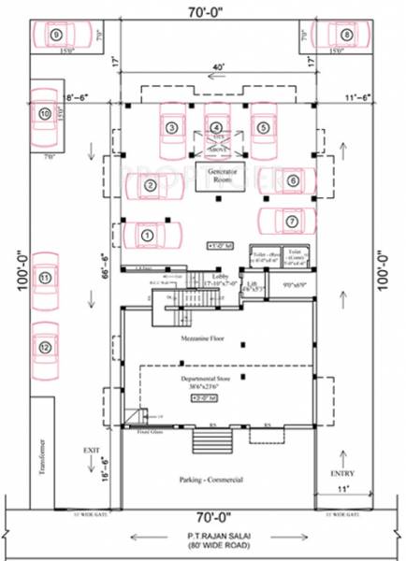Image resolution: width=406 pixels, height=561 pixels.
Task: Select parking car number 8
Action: tap(345, 36)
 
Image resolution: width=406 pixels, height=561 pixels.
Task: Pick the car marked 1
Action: tap(147, 237)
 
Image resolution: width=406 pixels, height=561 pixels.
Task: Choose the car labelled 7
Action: tap(290, 222)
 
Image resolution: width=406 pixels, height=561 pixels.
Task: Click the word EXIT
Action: tap(91, 451)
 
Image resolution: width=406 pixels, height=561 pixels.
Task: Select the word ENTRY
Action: tap(348, 474)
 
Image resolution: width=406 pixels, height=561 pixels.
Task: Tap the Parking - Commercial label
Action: tap(211, 480)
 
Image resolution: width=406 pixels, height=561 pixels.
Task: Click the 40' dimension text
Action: tap(217, 67)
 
